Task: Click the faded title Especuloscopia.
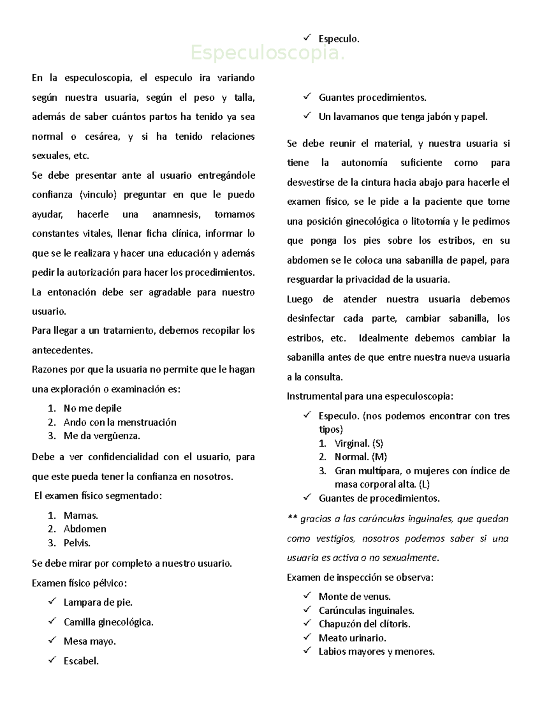pyautogui.click(x=267, y=53)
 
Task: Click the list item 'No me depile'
pyautogui.click(x=92, y=408)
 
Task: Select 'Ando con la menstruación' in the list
pyautogui.click(x=120, y=422)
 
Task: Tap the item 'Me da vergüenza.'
pyautogui.click(x=102, y=436)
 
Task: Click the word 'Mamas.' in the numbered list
pyautogui.click(x=81, y=515)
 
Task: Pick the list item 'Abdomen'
pyautogui.click(x=85, y=529)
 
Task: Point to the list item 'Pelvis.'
pyautogui.click(x=77, y=542)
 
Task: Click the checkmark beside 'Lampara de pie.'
pyautogui.click(x=52, y=602)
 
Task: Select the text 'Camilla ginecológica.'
pyautogui.click(x=108, y=622)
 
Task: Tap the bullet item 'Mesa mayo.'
pyautogui.click(x=89, y=641)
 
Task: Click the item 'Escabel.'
pyautogui.click(x=81, y=661)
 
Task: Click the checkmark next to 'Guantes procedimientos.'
pyautogui.click(x=308, y=97)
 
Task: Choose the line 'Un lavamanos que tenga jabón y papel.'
pyautogui.click(x=403, y=117)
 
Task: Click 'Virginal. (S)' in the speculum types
pyautogui.click(x=359, y=443)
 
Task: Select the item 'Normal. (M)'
pyautogui.click(x=360, y=457)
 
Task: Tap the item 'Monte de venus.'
pyautogui.click(x=355, y=597)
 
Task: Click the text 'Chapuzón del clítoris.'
pyautogui.click(x=364, y=624)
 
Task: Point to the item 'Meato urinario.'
pyautogui.click(x=352, y=638)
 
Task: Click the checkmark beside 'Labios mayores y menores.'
pyautogui.click(x=308, y=651)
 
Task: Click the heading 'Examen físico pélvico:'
pyautogui.click(x=79, y=583)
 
